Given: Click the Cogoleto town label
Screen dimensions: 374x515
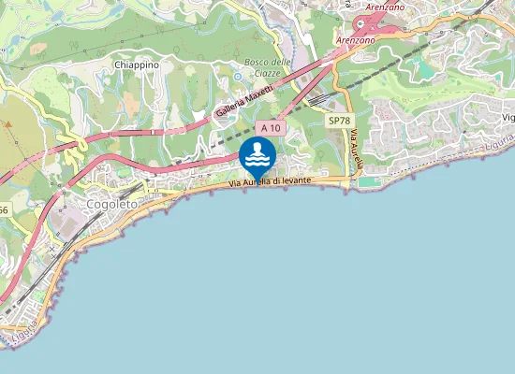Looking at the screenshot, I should coord(110,203).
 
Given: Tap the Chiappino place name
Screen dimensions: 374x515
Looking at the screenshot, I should coord(138,65).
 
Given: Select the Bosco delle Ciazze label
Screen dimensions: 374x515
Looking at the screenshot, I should coord(268,67).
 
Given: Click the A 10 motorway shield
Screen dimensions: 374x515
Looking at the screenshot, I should coord(271,127).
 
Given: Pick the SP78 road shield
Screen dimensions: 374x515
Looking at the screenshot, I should coord(338,122).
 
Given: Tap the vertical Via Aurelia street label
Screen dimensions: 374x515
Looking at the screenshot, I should coord(355,150).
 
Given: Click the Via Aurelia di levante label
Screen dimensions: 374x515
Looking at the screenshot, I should coord(270,183).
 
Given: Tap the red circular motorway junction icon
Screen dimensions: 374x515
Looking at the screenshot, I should coord(358,23).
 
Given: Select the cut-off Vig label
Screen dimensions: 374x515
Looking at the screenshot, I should coord(508,117).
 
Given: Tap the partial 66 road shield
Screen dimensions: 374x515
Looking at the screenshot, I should coord(4,210).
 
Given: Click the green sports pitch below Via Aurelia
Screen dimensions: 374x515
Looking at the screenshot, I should coord(371,180).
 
